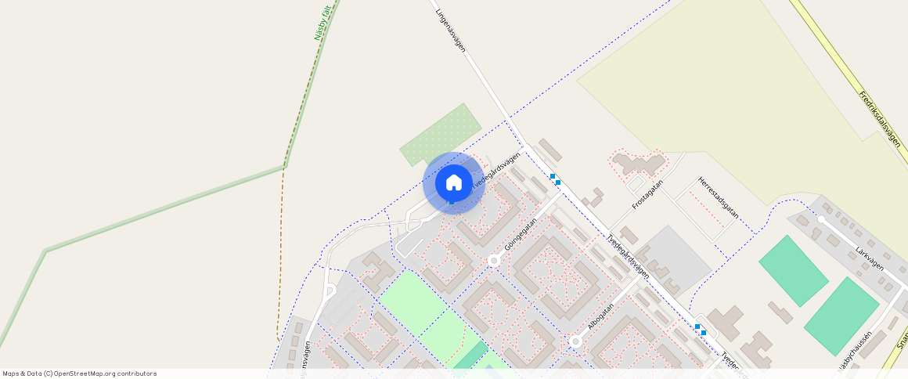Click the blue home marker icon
click(x=453, y=182)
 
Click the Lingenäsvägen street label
click(x=451, y=31)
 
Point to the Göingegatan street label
click(x=521, y=234)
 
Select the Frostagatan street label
click(x=647, y=193)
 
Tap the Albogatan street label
click(x=604, y=311)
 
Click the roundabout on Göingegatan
click(x=493, y=261)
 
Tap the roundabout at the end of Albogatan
click(x=575, y=341)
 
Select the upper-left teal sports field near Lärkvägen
click(x=793, y=270)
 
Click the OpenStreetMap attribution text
click(x=80, y=374)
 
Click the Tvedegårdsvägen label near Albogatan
click(x=628, y=257)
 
